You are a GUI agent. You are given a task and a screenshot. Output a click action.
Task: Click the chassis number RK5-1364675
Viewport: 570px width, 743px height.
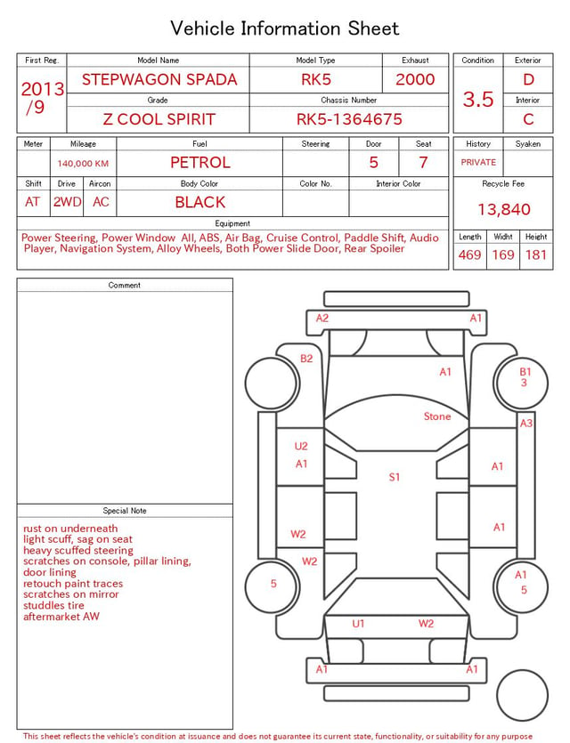(349, 119)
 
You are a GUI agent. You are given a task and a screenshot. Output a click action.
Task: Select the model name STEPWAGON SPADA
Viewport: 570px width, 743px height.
(159, 79)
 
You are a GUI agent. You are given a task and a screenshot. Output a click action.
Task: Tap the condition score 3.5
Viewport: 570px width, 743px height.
(478, 100)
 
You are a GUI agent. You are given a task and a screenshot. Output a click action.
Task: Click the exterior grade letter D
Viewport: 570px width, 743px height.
(528, 79)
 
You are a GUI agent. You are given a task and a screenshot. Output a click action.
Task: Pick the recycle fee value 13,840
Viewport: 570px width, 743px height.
(503, 209)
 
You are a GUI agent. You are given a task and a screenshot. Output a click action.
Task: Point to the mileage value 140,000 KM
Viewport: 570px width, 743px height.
(83, 164)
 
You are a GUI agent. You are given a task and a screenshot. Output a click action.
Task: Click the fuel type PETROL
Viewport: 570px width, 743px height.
(200, 163)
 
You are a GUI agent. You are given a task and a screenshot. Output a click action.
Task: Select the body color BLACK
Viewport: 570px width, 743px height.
(200, 202)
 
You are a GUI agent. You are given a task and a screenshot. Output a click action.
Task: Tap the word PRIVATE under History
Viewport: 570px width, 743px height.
(478, 162)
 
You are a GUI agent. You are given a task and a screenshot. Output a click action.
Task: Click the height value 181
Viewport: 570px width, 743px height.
(536, 254)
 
